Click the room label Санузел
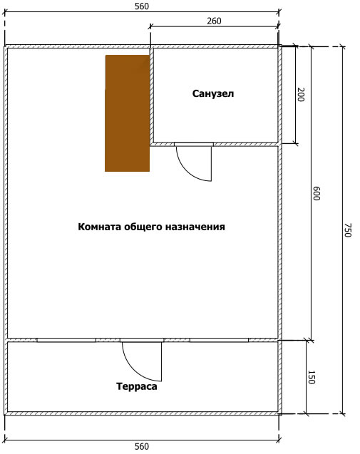[213, 94]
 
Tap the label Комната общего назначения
[151, 227]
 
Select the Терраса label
[137, 386]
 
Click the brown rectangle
[128, 113]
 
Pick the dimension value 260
[214, 21]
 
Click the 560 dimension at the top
[142, 6]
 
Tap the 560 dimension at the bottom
[142, 446]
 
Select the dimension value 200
[301, 94]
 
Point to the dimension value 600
[317, 193]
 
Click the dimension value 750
[348, 230]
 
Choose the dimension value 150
[311, 377]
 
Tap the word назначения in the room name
[195, 227]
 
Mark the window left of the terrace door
[66, 340]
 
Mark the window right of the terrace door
[220, 340]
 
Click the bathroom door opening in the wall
[194, 144]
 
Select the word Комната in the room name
[100, 227]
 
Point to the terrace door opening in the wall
[142, 340]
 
